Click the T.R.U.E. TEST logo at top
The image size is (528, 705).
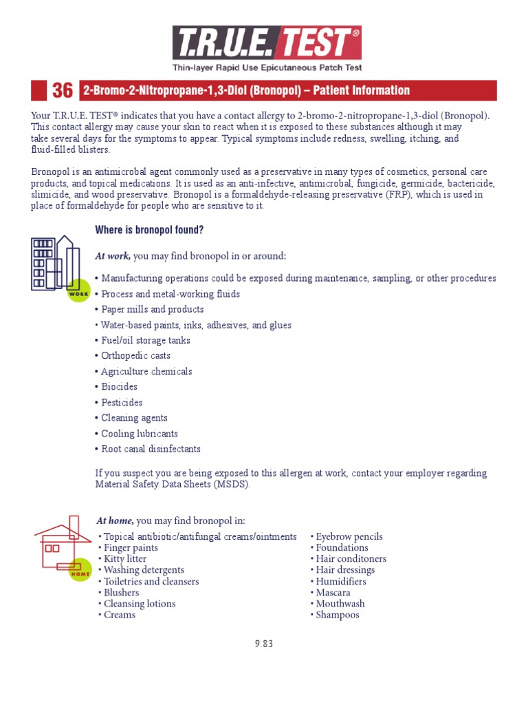(266, 43)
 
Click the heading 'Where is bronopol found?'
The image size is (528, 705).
(149, 229)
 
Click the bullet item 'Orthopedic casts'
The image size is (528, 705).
(135, 356)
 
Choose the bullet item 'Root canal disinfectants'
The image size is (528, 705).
(151, 449)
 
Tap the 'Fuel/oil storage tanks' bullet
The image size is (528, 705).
(145, 340)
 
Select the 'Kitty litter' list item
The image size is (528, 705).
(125, 559)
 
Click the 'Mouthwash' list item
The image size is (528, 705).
(340, 604)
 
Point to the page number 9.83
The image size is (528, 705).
(264, 644)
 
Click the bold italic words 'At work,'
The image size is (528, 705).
(112, 256)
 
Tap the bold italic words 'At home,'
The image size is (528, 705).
(114, 520)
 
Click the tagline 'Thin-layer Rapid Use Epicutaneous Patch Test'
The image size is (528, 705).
(267, 67)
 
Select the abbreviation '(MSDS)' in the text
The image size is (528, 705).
(230, 484)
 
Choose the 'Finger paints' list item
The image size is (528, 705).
(130, 547)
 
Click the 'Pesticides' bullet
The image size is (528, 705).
(122, 402)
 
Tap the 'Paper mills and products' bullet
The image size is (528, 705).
(152, 309)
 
